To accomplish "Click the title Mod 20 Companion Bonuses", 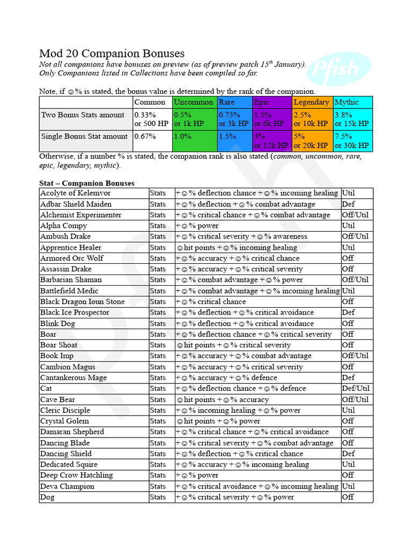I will [x=112, y=54].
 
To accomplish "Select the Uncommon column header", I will [x=194, y=102].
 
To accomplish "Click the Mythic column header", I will [x=352, y=102].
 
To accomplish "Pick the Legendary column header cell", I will [x=312, y=102].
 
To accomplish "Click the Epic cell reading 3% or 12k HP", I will [x=272, y=141].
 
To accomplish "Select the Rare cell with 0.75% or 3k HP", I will [x=234, y=119].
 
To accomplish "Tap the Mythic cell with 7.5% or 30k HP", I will [x=352, y=141].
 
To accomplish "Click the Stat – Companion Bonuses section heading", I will [x=87, y=183].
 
